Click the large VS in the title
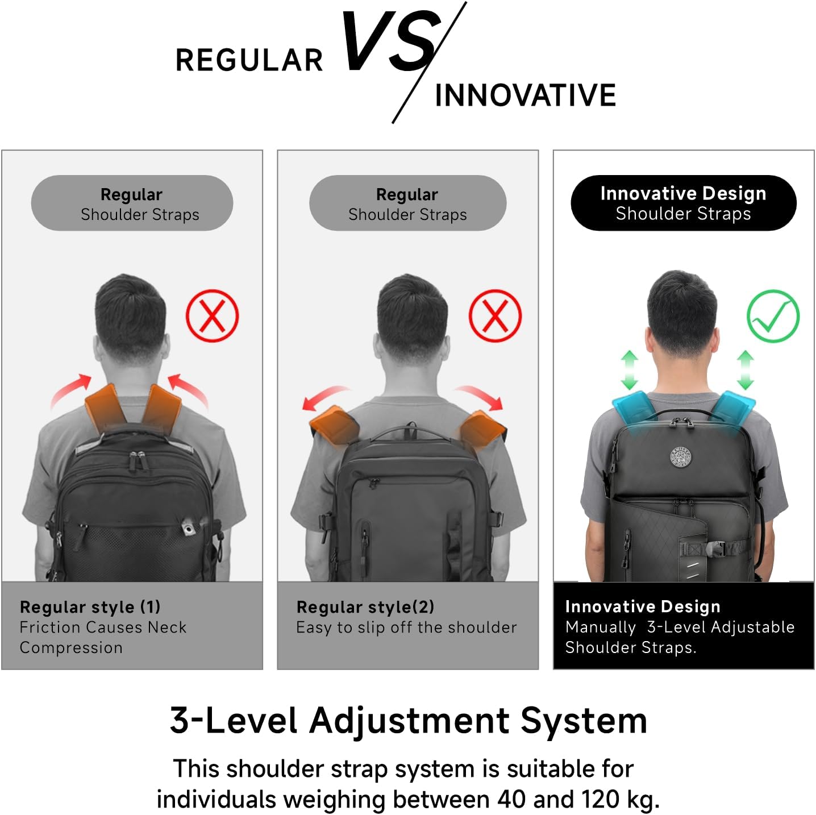click(392, 43)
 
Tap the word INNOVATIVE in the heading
click(525, 95)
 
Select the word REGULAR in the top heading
click(249, 60)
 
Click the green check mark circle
click(772, 316)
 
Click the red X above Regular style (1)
click(212, 316)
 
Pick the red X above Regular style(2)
click(494, 316)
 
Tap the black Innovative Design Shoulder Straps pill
click(683, 203)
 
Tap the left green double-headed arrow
click(629, 369)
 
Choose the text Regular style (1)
click(90, 607)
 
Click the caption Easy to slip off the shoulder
click(406, 627)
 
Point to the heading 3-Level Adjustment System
click(408, 721)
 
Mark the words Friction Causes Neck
click(103, 627)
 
